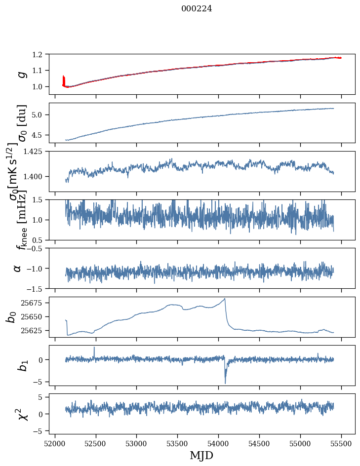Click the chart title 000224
[x=197, y=9]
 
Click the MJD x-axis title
[x=201, y=455]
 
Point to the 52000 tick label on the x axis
[x=55, y=444]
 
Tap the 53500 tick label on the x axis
[x=177, y=444]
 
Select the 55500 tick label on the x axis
[x=341, y=444]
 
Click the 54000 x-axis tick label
[x=218, y=444]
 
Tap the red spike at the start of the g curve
[x=63, y=80]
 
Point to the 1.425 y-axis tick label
[x=35, y=152]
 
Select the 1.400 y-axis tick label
[x=35, y=177]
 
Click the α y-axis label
[x=18, y=269]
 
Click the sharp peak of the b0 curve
[x=225, y=299]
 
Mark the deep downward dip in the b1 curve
[x=225, y=383]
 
